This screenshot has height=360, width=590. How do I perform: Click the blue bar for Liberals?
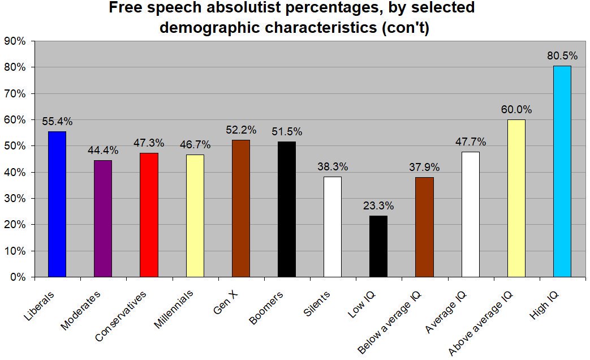(x=57, y=204)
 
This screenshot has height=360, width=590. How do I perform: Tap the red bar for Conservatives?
(x=149, y=215)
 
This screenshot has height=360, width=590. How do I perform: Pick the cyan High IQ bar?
(x=562, y=172)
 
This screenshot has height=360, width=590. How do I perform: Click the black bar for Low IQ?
(x=378, y=246)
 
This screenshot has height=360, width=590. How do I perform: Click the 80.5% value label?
(x=562, y=56)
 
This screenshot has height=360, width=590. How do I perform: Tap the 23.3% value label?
(x=378, y=206)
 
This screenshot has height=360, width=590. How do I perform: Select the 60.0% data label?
(x=516, y=110)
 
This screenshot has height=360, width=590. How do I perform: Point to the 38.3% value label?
(x=333, y=167)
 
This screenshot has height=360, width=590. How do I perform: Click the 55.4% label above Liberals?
(x=57, y=122)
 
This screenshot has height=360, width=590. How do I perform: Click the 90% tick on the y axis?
(x=15, y=41)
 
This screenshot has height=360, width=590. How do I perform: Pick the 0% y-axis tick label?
(x=18, y=277)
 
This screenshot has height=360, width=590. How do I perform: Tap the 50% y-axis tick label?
(x=15, y=146)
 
